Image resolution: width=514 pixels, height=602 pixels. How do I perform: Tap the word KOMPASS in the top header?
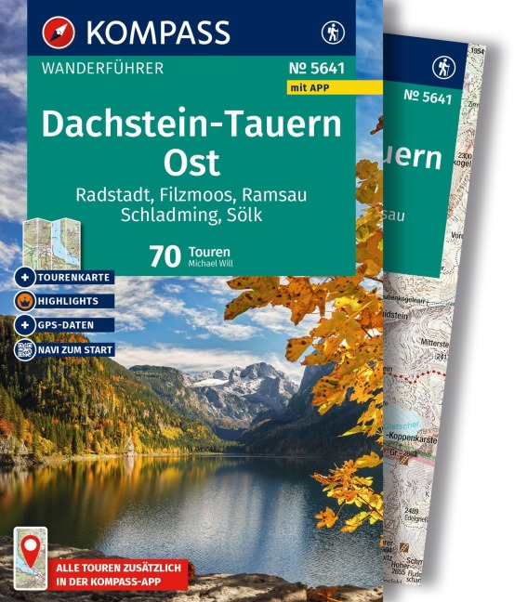(x=159, y=32)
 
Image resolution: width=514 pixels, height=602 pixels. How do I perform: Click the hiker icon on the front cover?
(x=331, y=31)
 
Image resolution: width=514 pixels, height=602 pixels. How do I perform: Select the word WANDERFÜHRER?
(x=104, y=68)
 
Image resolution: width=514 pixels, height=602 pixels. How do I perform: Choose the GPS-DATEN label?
(x=67, y=325)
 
